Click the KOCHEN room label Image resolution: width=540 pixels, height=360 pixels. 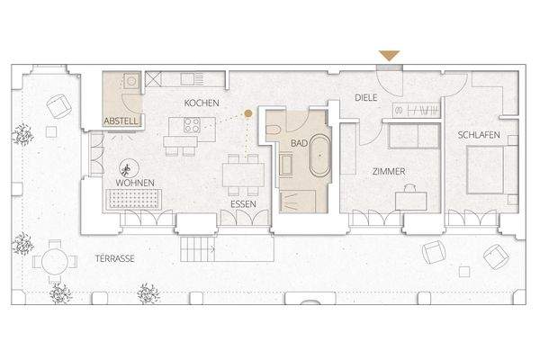pyautogui.click(x=202, y=103)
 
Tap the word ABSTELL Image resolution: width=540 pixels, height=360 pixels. pyautogui.click(x=121, y=120)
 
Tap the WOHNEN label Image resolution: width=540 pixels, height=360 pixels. pyautogui.click(x=134, y=184)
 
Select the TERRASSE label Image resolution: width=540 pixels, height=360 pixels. pyautogui.click(x=114, y=258)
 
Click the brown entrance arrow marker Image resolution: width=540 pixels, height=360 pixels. pyautogui.click(x=389, y=57)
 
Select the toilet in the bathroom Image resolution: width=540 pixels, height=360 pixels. pyautogui.click(x=274, y=134)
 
